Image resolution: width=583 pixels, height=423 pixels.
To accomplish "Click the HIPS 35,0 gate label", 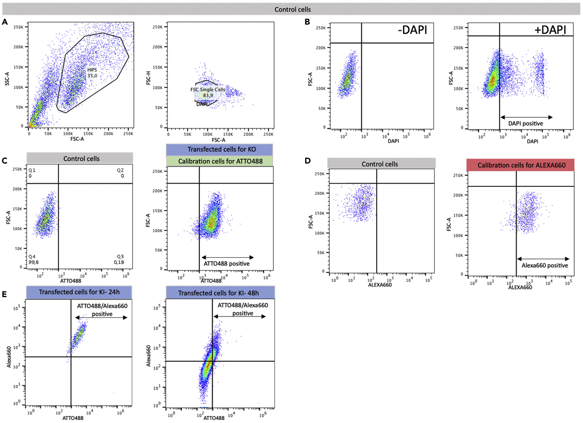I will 92,73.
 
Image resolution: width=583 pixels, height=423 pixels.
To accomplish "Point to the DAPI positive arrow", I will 526,117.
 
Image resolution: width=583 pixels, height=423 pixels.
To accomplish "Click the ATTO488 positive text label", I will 226,264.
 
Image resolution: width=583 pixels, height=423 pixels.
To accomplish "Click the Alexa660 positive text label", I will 544,265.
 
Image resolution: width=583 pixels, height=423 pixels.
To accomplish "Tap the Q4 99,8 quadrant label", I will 33,259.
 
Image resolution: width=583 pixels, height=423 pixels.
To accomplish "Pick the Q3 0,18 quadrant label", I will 119,259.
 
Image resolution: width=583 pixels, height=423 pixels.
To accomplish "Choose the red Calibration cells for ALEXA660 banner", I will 521,165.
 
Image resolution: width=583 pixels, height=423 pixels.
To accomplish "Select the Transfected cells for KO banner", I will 221,149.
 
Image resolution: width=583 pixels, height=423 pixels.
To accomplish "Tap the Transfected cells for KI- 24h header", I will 79,292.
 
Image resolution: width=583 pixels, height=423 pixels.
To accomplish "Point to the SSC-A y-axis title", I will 7,79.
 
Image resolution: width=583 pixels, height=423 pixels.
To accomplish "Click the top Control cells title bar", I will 292,10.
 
